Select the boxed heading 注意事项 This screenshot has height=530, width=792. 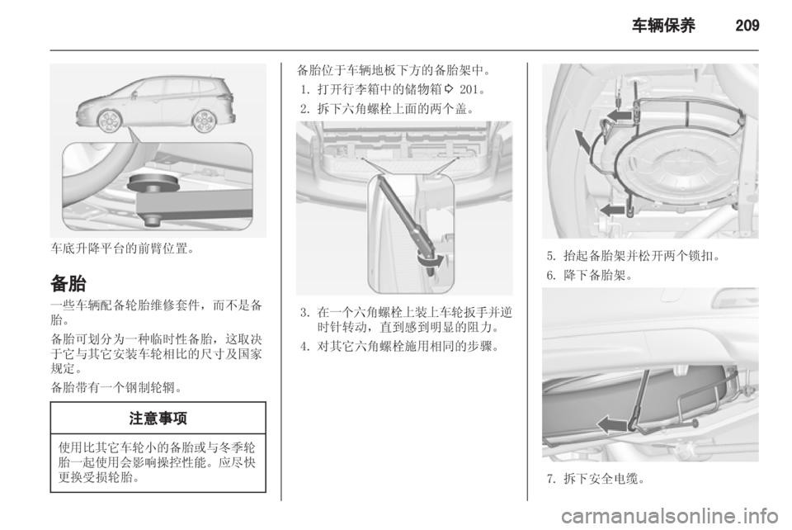158,419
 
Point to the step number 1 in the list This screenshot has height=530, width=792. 304,89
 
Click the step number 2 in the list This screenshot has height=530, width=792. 304,107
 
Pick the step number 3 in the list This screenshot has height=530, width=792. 304,311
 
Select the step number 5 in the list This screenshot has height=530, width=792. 549,256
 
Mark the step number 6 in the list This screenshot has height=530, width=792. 549,275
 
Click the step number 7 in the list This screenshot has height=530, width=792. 549,478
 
